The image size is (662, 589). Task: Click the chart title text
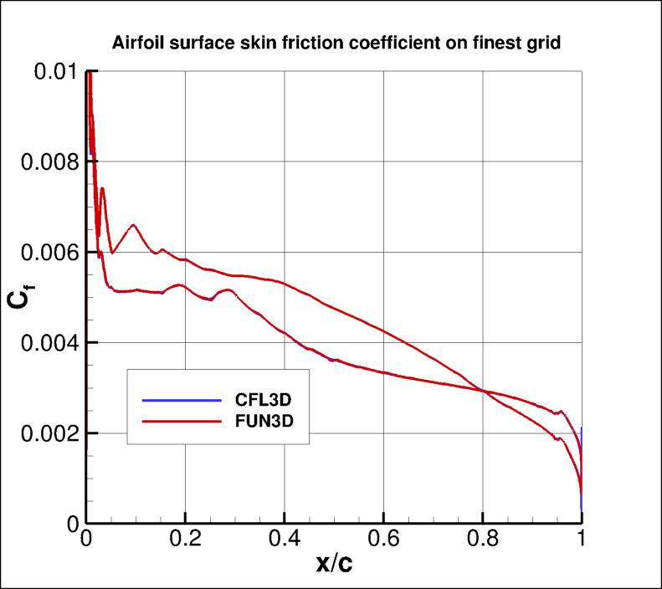tap(336, 43)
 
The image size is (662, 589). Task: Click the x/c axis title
tap(334, 565)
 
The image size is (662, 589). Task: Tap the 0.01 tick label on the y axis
tap(56, 72)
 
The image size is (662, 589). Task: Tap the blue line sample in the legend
tap(175, 399)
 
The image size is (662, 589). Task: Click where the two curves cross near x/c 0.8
tap(484, 391)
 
